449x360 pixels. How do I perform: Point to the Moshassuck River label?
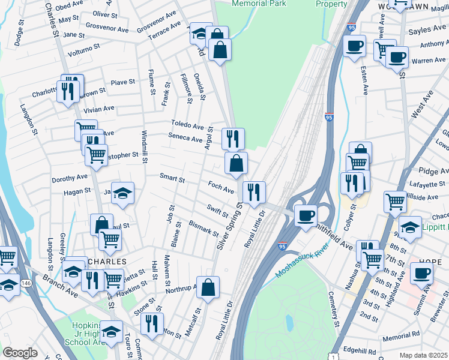tap(303, 259)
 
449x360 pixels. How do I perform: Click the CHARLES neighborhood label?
tap(106, 262)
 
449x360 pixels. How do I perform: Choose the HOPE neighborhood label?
tap(418, 262)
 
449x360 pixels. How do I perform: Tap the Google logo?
tap(20, 353)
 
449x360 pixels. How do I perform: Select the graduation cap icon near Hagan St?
tap(122, 193)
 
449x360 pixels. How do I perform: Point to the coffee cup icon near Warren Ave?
tap(397, 58)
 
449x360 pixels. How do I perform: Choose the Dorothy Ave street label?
tap(70, 178)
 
